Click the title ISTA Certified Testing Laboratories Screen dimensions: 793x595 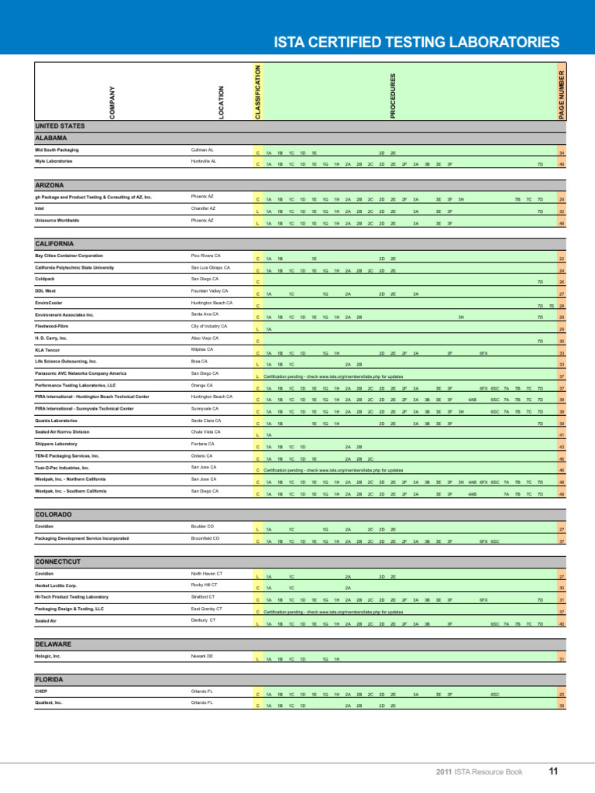coord(418,41)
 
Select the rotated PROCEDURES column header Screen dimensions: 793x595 coord(393,96)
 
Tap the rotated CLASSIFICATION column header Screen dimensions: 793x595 coord(259,92)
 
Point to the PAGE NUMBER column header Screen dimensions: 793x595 coord(562,93)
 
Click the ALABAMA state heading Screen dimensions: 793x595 coord(52,138)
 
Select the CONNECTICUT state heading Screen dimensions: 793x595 coord(59,561)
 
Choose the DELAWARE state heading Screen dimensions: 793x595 coord(53,644)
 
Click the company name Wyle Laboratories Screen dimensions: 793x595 coord(53,161)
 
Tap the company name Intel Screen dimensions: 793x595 coord(40,208)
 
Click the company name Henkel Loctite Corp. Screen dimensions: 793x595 coord(56,585)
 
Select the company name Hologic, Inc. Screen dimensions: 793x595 coord(47,656)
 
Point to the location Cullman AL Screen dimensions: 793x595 coord(202,149)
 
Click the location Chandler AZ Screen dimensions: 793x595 coord(203,208)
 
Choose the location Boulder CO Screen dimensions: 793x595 coord(202,526)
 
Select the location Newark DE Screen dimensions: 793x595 coord(201,656)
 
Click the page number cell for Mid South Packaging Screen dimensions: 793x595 coord(561,153)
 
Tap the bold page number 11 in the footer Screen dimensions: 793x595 coord(553,771)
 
